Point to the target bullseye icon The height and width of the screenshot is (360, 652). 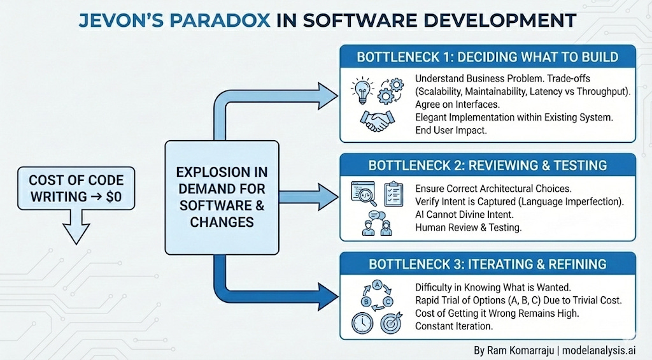coord(392,322)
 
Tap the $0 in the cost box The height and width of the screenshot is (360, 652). coord(113,197)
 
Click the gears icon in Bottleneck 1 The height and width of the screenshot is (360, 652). coord(390,90)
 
